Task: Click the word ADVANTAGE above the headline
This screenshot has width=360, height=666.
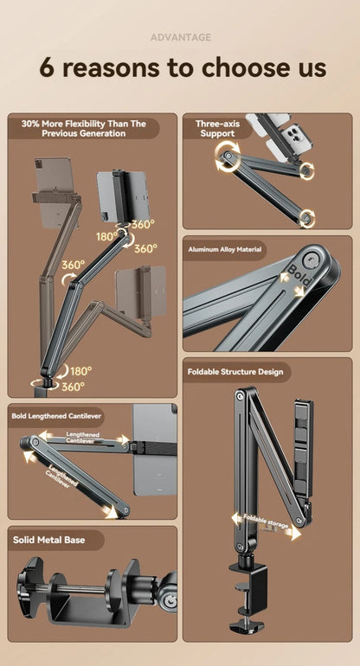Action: (180, 37)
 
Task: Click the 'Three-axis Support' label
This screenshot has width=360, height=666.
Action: (215, 129)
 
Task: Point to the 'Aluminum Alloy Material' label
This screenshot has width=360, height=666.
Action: (224, 250)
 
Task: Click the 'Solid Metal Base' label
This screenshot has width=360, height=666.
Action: (49, 540)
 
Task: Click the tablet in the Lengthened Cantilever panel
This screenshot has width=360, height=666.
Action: (156, 450)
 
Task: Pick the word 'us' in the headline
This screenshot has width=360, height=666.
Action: (310, 67)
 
